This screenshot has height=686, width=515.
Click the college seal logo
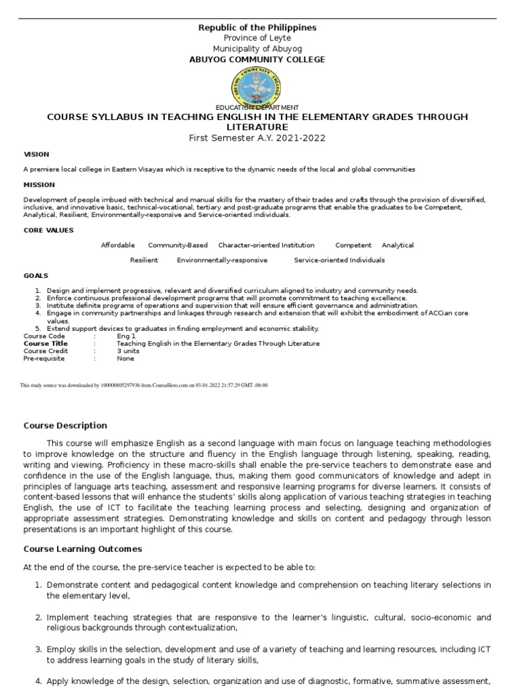256,87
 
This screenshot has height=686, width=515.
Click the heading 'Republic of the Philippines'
257,27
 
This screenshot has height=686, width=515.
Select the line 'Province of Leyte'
257,38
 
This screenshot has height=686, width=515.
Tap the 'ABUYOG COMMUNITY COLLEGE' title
257,60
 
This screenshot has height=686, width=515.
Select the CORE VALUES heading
48,230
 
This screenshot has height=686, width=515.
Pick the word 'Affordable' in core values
118,245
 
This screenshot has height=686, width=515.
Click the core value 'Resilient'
144,260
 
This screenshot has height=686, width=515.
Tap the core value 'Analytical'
398,245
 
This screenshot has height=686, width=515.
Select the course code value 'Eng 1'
126,336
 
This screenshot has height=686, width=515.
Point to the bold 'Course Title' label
46,343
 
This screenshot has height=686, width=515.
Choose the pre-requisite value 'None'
125,358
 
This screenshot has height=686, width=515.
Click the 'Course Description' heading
65,425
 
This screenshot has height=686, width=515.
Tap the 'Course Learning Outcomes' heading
82,549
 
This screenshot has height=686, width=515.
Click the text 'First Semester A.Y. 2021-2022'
257,137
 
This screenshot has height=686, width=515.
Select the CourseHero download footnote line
144,385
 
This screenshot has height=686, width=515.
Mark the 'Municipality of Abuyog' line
257,49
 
